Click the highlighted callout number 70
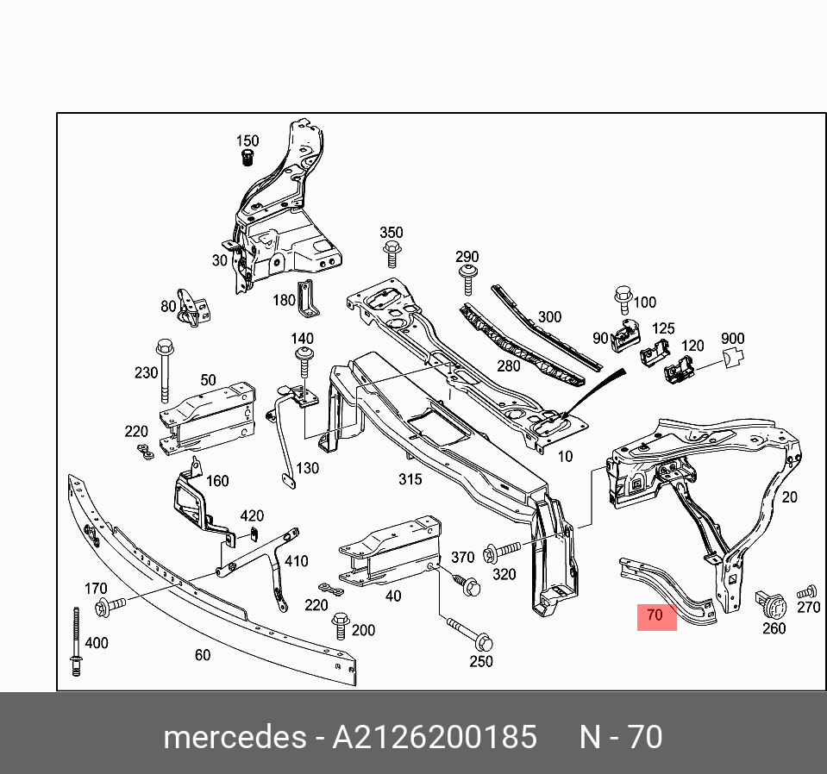coord(654,615)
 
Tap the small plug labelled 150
coord(247,158)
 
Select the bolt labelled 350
coord(392,254)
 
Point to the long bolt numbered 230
coord(164,371)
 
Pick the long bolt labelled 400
coord(76,642)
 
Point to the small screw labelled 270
coord(806,592)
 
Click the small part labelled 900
coord(731,358)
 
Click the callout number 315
coord(410,478)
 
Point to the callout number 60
coord(202,655)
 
